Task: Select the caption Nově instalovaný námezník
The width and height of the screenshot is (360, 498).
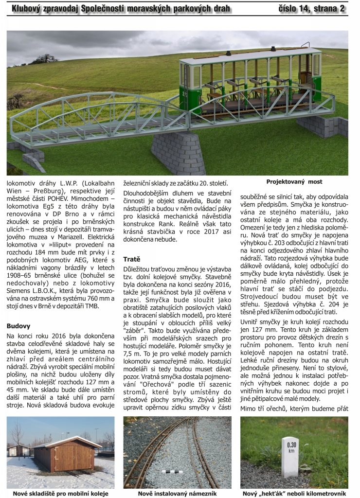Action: coord(177,493)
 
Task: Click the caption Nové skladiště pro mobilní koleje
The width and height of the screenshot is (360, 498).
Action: coord(60,493)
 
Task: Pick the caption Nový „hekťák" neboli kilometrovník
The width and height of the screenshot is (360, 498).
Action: coord(294,493)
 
